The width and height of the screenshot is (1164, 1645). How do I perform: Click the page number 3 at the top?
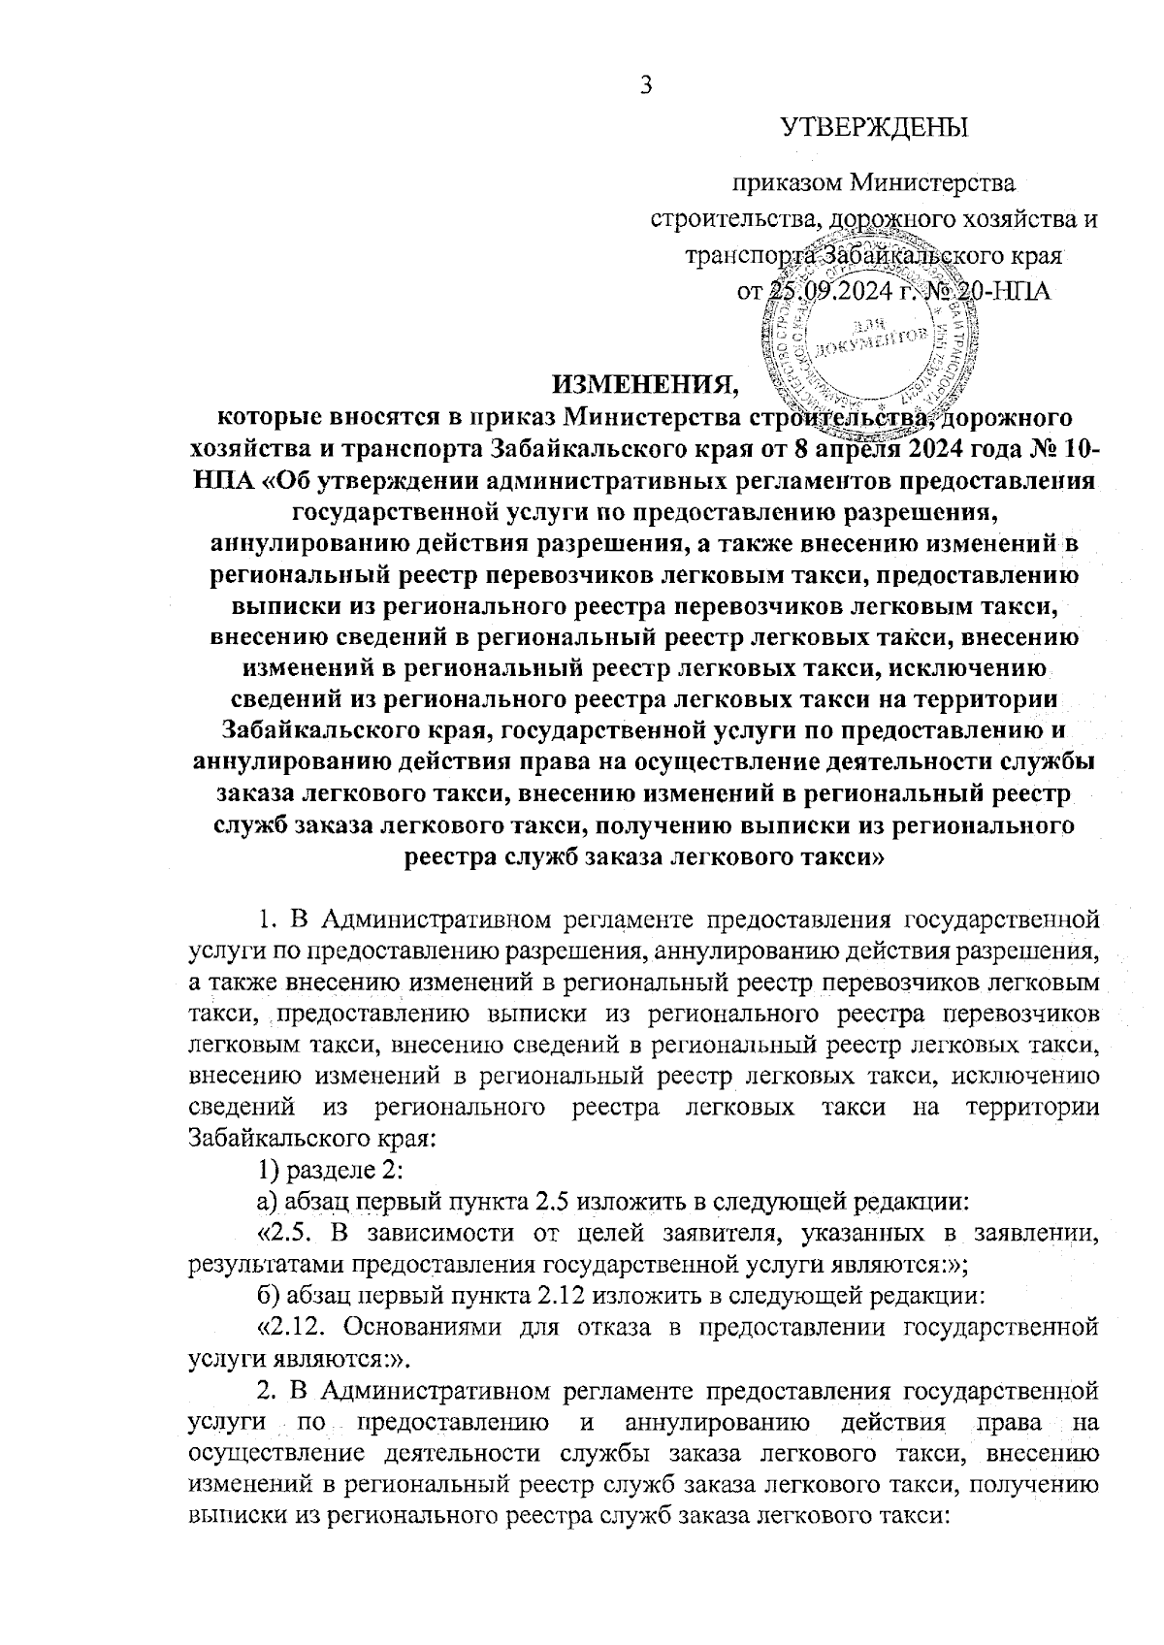645,85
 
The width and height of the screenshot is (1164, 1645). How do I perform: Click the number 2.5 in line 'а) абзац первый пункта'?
553,1203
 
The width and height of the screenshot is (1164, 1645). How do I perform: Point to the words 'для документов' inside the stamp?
873,335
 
